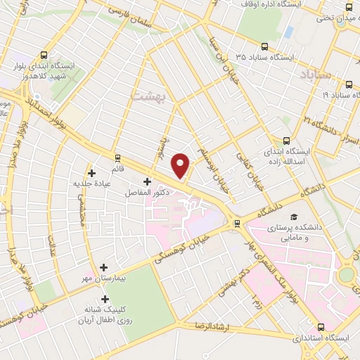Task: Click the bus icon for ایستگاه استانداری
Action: pos(322,326)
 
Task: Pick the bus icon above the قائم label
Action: pos(117,157)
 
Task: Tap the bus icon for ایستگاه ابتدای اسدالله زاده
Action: pos(286,140)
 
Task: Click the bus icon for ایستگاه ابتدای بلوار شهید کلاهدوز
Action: pos(45,55)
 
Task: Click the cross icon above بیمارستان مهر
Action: pos(104,267)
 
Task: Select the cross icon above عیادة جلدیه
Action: pos(91,172)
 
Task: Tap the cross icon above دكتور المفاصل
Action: pos(146,182)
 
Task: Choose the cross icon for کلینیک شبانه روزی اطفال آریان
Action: pos(105,298)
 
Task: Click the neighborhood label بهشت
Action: pos(148,94)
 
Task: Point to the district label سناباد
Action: pos(314,75)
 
